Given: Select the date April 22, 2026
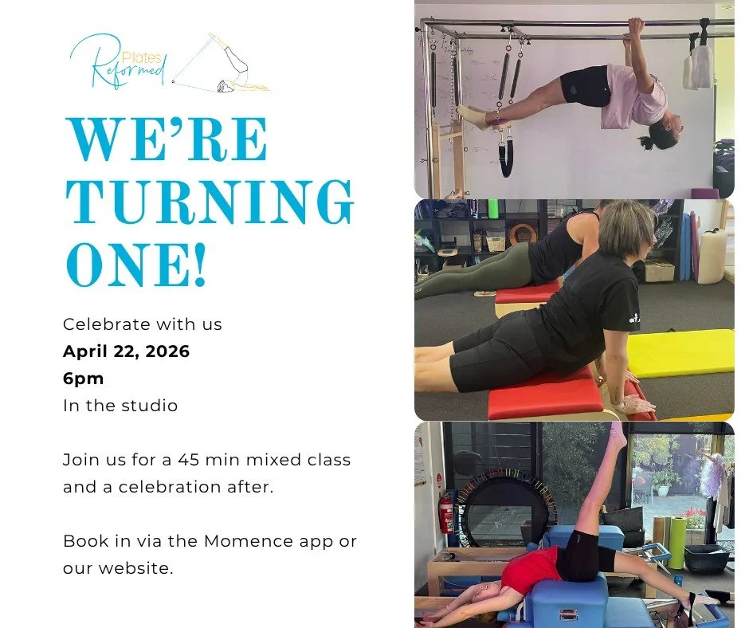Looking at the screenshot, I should click(126, 351).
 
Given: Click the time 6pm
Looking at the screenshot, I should click(83, 379).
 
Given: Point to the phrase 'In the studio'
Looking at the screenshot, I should click(120, 406).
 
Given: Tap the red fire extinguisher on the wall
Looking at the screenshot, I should click(446, 516).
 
